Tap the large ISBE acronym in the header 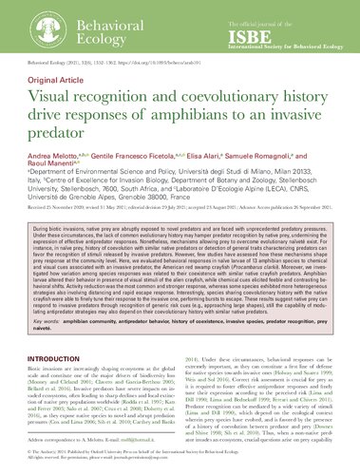258,27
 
